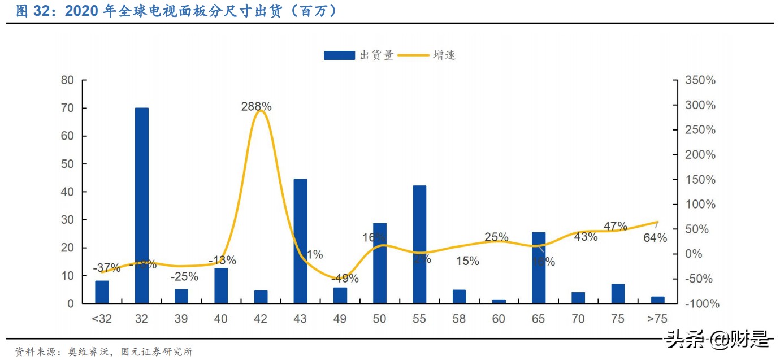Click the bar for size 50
point(380,263)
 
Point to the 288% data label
point(256,106)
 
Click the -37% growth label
point(106,268)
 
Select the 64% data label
point(655,238)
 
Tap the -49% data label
point(344,278)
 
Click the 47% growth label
point(615,226)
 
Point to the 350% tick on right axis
point(700,80)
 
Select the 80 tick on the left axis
point(67,80)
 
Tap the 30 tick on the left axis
point(67,220)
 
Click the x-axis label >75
point(657,319)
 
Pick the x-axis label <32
point(102,319)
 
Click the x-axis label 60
point(499,319)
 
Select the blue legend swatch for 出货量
point(340,55)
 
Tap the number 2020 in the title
point(84,11)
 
